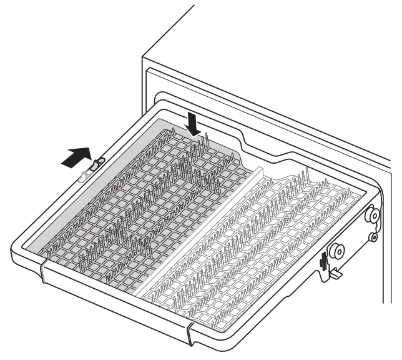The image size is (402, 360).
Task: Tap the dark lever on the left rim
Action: click(x=96, y=166)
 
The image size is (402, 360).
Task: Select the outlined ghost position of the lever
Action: click(x=84, y=177)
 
